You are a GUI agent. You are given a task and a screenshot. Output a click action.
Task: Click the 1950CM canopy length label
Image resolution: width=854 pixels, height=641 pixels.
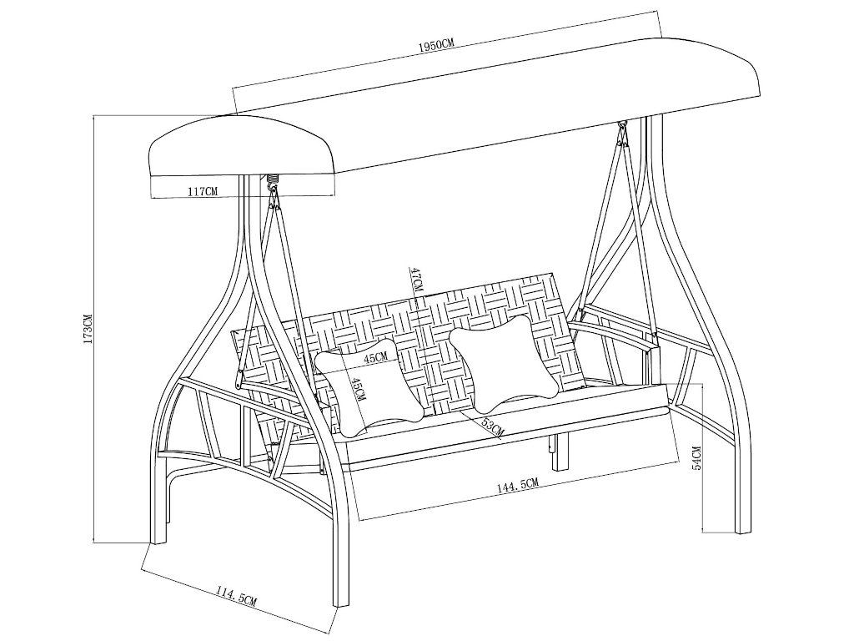tap(436, 44)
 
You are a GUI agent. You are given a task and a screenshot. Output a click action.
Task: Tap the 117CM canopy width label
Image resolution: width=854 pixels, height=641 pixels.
tap(202, 191)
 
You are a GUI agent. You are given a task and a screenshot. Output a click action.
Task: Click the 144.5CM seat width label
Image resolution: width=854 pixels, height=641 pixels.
tap(517, 484)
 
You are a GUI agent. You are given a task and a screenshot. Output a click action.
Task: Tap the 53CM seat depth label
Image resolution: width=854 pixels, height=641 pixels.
tap(493, 426)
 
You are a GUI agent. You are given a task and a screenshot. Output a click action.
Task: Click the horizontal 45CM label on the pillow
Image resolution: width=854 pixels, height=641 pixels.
tap(376, 357)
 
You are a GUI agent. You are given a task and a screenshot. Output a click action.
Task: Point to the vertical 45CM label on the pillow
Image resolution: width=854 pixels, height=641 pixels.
tap(359, 389)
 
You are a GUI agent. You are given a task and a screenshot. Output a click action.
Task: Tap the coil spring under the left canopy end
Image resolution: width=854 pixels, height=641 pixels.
tap(272, 179)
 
